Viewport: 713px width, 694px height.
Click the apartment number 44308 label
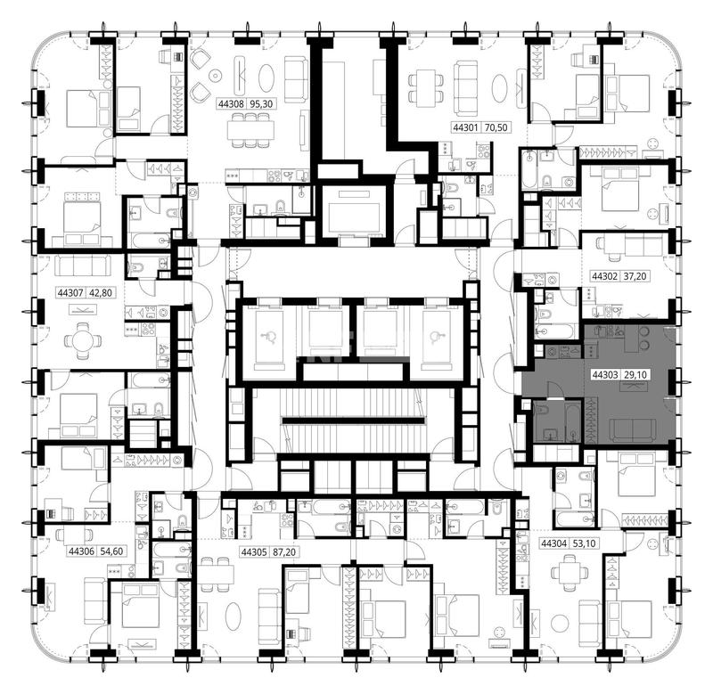[x=231, y=103]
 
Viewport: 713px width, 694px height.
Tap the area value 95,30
[x=261, y=103]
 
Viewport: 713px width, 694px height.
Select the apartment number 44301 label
[x=465, y=127]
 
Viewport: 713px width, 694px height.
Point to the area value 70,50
[x=496, y=127]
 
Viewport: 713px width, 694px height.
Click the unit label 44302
[x=604, y=276]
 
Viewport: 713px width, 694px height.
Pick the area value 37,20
[x=635, y=276]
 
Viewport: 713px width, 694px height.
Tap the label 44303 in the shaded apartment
[x=605, y=374]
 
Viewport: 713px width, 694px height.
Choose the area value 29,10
[x=635, y=374]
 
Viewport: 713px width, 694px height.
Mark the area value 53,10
[x=585, y=543]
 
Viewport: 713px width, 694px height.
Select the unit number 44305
[x=254, y=551]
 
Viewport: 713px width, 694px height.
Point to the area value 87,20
[x=284, y=551]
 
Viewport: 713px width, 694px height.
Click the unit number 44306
[x=81, y=551]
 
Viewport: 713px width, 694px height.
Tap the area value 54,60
[x=112, y=551]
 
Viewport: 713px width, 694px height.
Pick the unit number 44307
[x=70, y=293]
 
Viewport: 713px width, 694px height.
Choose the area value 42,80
[x=101, y=293]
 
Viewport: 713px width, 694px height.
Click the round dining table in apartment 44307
[x=83, y=340]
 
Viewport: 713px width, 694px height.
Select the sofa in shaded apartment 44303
[x=632, y=430]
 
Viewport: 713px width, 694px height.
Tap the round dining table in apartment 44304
[x=570, y=575]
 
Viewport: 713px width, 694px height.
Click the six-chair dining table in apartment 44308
[x=251, y=130]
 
